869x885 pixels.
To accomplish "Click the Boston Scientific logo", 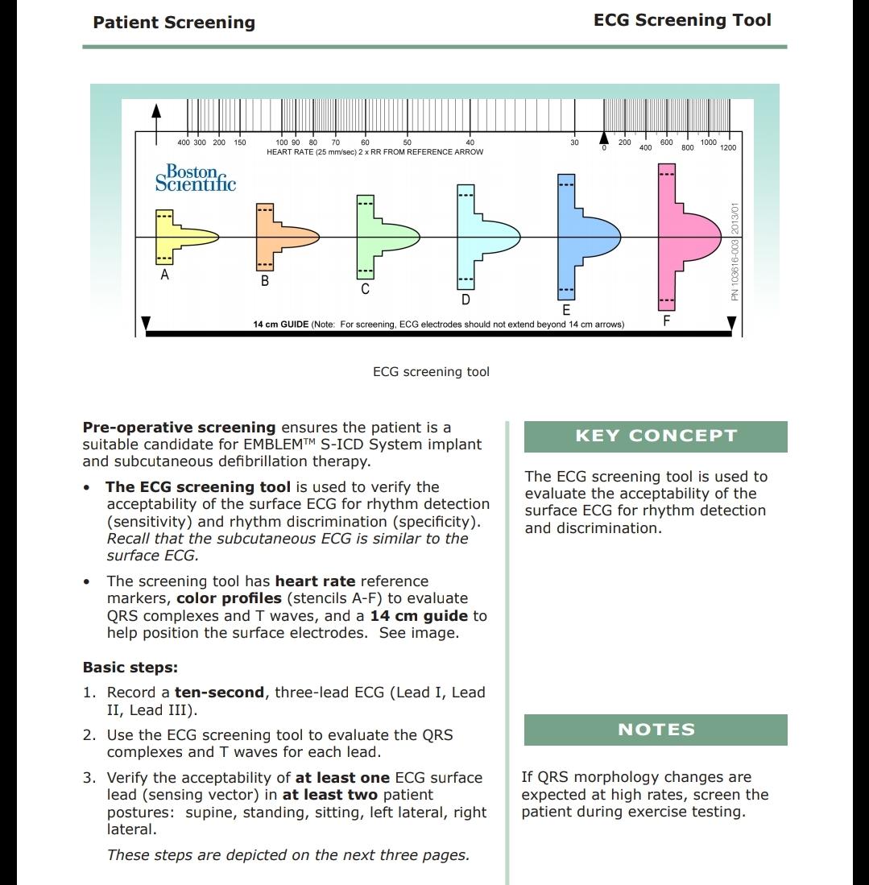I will tap(196, 178).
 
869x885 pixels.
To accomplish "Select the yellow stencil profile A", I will tap(173, 236).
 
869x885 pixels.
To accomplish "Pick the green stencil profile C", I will tap(379, 237).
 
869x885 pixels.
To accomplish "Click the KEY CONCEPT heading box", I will tap(656, 436).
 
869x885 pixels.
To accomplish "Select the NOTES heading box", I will tap(656, 730).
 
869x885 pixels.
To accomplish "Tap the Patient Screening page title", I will tap(174, 23).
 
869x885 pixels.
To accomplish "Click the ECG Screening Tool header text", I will tap(682, 21).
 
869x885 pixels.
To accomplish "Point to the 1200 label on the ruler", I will tap(728, 148).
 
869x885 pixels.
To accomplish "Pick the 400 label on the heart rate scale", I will tap(184, 143).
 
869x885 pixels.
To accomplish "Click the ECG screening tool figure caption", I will tap(431, 372).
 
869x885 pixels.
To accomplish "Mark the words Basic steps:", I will tap(130, 668).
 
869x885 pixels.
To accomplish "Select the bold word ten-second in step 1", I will tap(219, 693).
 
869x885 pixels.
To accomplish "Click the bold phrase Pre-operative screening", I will tap(179, 428).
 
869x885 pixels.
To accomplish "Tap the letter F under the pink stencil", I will tap(666, 321).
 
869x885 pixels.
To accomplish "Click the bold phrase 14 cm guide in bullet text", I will tap(419, 616).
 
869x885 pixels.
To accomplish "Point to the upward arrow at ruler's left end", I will tap(156, 113).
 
